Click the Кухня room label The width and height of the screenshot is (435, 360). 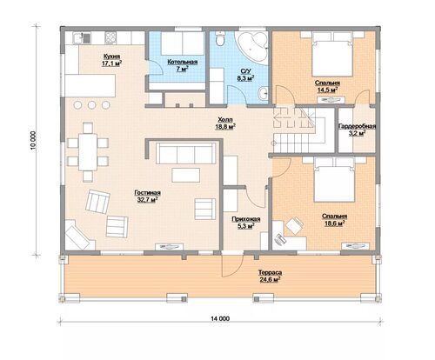pyautogui.click(x=111, y=60)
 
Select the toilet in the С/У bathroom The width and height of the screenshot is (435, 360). pyautogui.click(x=220, y=39)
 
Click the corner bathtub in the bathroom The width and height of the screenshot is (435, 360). pyautogui.click(x=251, y=46)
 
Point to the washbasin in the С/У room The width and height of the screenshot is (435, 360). pyautogui.click(x=264, y=93)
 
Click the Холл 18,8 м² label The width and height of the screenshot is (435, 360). pyautogui.click(x=225, y=123)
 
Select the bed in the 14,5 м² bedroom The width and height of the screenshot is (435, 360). pyautogui.click(x=332, y=54)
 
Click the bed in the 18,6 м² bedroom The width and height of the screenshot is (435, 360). pyautogui.click(x=334, y=180)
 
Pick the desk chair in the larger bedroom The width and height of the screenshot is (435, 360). pyautogui.click(x=294, y=225)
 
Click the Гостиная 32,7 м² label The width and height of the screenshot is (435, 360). pyautogui.click(x=147, y=196)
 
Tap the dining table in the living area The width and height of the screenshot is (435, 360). pyautogui.click(x=88, y=152)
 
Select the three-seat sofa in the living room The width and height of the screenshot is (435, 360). pyautogui.click(x=186, y=153)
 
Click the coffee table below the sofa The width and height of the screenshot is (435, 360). pyautogui.click(x=185, y=175)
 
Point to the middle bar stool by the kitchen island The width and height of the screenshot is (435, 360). pyautogui.click(x=91, y=105)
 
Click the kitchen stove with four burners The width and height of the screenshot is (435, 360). pyautogui.click(x=110, y=37)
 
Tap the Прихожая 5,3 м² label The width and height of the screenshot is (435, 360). pyautogui.click(x=246, y=223)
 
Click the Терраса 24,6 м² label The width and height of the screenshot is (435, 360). pyautogui.click(x=270, y=276)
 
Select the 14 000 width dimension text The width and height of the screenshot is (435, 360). pyautogui.click(x=220, y=318)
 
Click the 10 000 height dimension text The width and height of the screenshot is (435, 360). pyautogui.click(x=33, y=141)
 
